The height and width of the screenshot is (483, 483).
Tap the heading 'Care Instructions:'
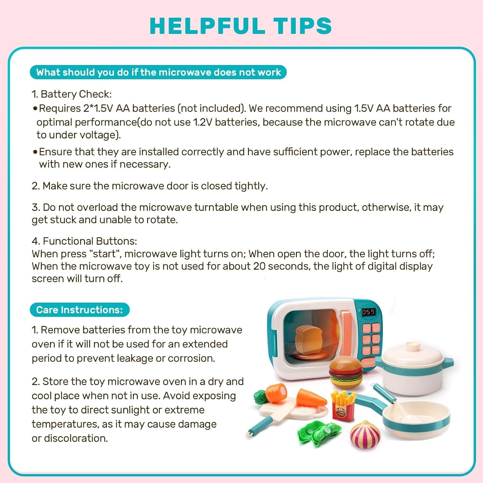click(79, 310)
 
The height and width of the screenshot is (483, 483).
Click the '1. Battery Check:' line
click(71, 94)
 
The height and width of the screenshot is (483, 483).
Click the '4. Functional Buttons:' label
click(84, 241)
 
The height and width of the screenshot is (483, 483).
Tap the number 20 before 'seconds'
click(259, 266)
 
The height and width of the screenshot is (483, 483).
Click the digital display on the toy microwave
click(368, 312)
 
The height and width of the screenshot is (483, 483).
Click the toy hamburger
click(346, 373)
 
